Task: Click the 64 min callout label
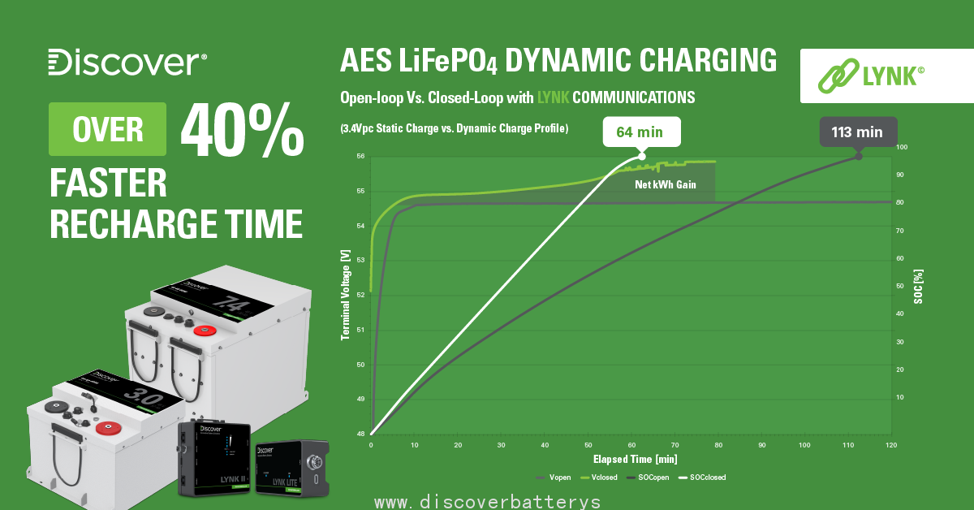pos(641,132)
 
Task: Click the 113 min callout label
pos(857,132)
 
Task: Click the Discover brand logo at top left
pos(127,63)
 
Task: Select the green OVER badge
pos(107,129)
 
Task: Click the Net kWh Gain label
pos(665,185)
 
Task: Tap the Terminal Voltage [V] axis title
pos(345,294)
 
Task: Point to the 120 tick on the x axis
pos(890,445)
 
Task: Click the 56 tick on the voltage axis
pos(360,156)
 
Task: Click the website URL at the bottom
pos(487,502)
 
